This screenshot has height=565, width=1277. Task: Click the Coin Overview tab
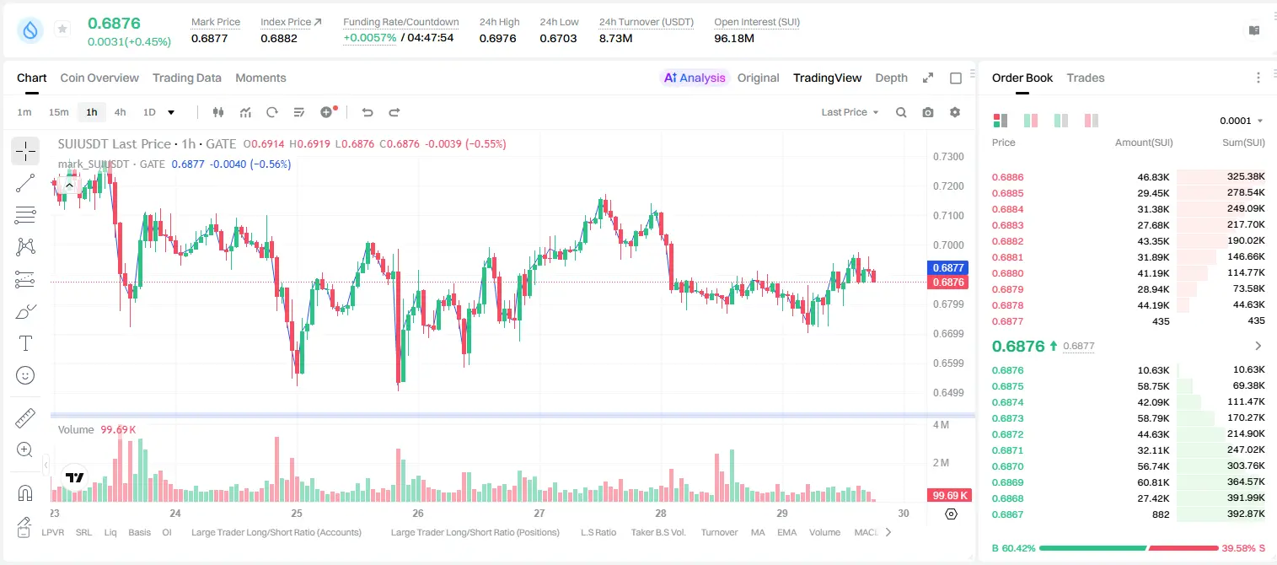pos(99,78)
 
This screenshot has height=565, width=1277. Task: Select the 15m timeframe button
pos(58,112)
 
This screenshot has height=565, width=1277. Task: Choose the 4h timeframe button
pos(120,112)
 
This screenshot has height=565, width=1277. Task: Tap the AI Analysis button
pos(695,78)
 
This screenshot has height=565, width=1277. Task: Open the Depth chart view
pos(891,78)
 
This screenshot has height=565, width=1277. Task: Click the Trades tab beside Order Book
pos(1086,78)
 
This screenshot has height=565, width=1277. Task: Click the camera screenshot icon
pos(928,112)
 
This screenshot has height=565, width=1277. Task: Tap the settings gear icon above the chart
pos(955,112)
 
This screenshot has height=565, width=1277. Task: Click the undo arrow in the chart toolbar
pos(368,112)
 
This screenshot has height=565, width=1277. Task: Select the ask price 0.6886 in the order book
pos(1007,177)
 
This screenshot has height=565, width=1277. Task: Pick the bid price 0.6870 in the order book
pos(1007,466)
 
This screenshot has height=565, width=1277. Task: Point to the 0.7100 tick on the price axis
pos(948,216)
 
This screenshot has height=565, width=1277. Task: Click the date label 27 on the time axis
pos(539,513)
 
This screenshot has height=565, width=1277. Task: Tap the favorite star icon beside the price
pos(62,29)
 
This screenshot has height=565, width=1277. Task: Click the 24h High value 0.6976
pos(497,38)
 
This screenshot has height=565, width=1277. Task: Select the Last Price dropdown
pos(850,112)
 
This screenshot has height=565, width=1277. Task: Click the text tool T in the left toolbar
pos(25,343)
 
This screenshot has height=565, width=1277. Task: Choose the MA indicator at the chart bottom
pos(758,532)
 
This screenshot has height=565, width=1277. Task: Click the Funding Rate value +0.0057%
pos(369,38)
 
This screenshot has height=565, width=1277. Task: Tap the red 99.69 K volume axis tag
pos(950,496)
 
